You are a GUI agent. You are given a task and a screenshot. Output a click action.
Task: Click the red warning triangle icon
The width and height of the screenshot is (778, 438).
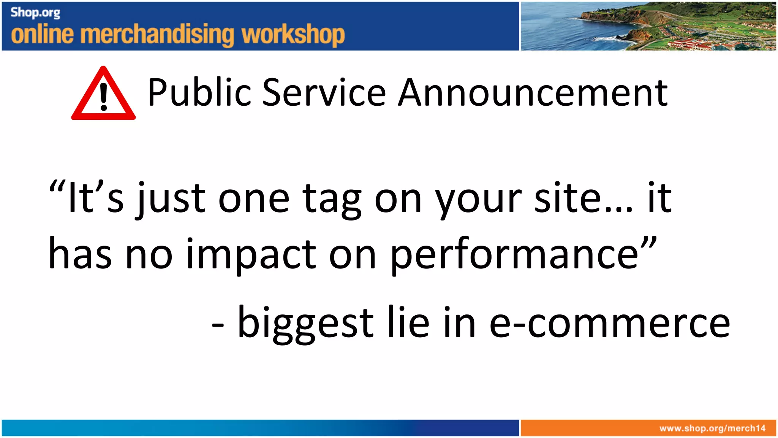pos(103,95)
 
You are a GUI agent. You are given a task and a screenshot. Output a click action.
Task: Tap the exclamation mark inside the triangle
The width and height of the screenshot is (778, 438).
pos(103,97)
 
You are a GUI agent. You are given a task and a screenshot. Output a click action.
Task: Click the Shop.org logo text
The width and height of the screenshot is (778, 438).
pos(35,13)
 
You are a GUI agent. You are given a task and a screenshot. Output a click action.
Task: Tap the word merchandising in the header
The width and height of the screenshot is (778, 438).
pos(157,35)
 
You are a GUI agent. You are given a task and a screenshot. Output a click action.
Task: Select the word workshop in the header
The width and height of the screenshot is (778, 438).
pos(293,35)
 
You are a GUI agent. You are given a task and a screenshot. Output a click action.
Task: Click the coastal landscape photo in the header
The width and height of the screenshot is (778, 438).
pos(648,26)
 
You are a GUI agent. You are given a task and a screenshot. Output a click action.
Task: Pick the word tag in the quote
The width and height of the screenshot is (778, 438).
pos(332,199)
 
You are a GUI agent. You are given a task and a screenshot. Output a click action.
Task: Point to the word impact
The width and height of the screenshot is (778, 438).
pos(251,255)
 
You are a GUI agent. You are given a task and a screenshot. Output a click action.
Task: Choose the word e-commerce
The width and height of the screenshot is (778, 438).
pos(609,323)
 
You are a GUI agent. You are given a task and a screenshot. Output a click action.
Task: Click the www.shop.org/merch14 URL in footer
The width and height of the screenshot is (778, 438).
pos(712,428)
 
